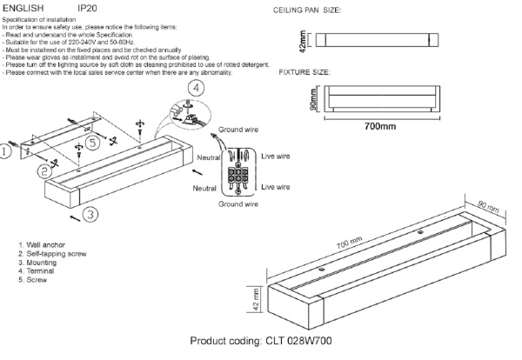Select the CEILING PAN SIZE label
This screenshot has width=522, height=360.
coord(307,10)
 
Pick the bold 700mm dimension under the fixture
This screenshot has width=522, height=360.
coord(380,127)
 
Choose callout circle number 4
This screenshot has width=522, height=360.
coord(197,88)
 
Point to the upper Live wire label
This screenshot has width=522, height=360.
coord(278,156)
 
